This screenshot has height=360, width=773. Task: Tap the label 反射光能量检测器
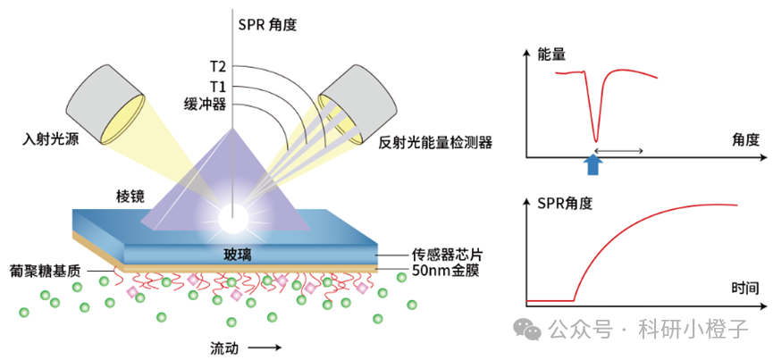(x=436, y=143)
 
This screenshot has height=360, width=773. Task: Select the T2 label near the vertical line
(x=217, y=66)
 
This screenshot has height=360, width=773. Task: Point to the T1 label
(x=217, y=88)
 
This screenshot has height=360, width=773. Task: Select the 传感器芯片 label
(x=447, y=255)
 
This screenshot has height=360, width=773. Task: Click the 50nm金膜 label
(x=445, y=271)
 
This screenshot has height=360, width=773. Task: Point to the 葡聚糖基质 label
(x=45, y=271)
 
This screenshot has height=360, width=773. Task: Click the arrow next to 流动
(x=265, y=347)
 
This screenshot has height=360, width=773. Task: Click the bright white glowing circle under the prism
(x=232, y=219)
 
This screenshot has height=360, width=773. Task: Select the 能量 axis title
(x=551, y=54)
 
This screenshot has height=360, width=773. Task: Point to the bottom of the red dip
(x=596, y=140)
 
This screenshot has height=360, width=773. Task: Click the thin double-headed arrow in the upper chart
(x=618, y=150)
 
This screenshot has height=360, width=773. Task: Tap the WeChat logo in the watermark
(x=527, y=329)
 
